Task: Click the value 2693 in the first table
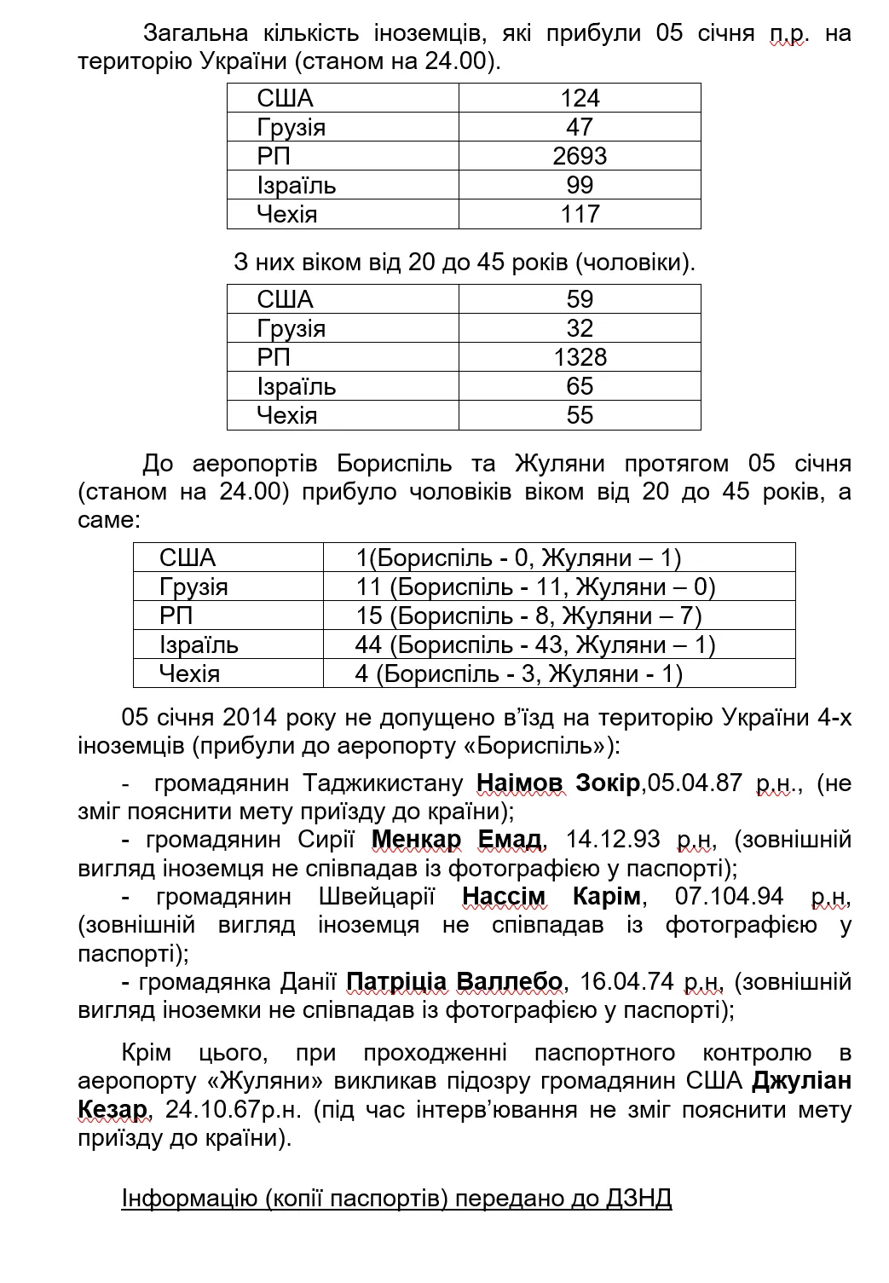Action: click(x=580, y=156)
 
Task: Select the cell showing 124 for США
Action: click(x=580, y=98)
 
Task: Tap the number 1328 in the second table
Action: click(x=580, y=357)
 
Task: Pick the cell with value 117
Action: click(x=580, y=214)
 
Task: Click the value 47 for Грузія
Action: click(x=580, y=127)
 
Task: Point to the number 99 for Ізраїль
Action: click(x=580, y=185)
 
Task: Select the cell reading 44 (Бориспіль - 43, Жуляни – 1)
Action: click(x=534, y=644)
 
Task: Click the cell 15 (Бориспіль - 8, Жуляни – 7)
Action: click(x=528, y=615)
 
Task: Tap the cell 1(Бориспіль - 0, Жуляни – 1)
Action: click(x=518, y=558)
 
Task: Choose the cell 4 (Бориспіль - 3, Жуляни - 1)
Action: click(x=518, y=673)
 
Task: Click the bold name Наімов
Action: click(x=520, y=783)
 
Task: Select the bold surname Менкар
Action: click(x=416, y=840)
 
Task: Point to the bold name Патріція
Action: click(x=396, y=981)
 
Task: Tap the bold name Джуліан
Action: click(x=801, y=1081)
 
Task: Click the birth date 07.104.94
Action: click(x=729, y=897)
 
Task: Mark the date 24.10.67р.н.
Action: click(x=233, y=1110)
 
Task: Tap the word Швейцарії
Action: click(x=376, y=897)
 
